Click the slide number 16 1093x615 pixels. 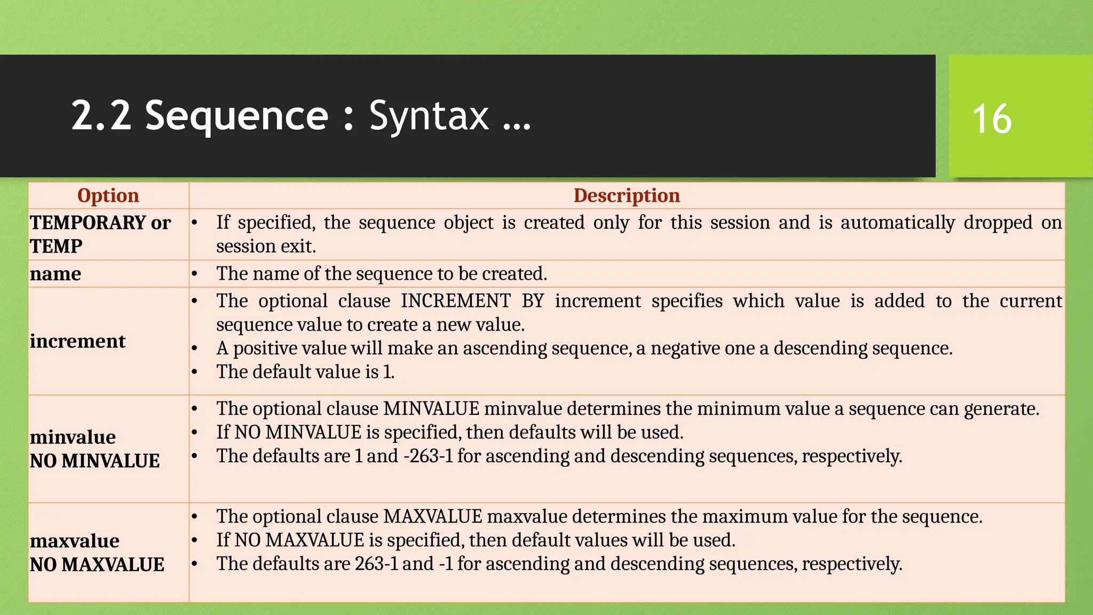click(x=992, y=119)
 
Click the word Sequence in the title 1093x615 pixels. click(x=236, y=116)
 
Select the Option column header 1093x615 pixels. click(x=108, y=195)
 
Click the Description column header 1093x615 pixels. click(x=627, y=195)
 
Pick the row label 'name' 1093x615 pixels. click(x=56, y=274)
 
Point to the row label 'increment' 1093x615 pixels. click(x=77, y=341)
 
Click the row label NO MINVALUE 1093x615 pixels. click(x=94, y=461)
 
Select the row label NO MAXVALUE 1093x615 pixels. click(x=97, y=564)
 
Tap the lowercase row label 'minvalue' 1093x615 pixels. click(x=73, y=437)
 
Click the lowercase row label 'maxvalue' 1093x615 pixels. click(x=74, y=541)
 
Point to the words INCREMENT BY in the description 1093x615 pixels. click(x=472, y=301)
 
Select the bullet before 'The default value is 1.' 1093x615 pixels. click(x=195, y=372)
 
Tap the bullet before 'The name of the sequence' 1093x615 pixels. click(x=195, y=274)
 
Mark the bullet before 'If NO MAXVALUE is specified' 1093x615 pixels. click(x=195, y=540)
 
